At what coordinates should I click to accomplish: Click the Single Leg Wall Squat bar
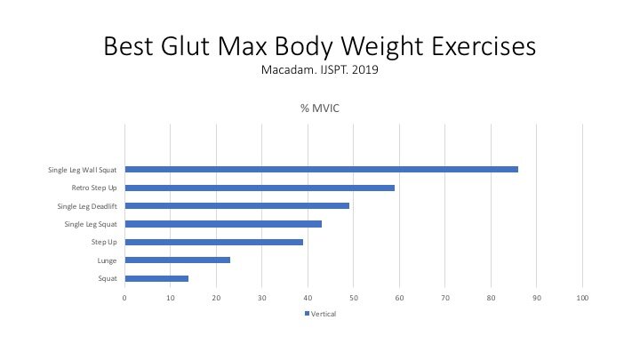tap(322, 170)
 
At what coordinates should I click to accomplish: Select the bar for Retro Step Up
tap(260, 188)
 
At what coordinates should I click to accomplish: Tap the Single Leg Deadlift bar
tap(237, 205)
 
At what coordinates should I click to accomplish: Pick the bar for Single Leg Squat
tap(223, 224)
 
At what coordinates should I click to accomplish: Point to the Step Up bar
tap(214, 242)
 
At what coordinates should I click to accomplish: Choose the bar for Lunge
tap(178, 260)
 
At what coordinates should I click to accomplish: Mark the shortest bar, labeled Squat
tap(156, 278)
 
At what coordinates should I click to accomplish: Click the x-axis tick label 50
tap(354, 298)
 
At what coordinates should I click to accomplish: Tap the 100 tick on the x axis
tap(582, 298)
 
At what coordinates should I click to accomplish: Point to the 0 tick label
tap(124, 298)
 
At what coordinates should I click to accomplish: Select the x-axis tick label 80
tap(491, 298)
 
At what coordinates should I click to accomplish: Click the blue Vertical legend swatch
tap(307, 314)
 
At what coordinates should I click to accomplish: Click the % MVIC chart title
tap(320, 108)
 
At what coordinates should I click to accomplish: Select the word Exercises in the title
tap(484, 45)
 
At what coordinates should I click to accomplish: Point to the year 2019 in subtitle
tap(365, 70)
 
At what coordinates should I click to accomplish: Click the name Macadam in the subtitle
tap(288, 70)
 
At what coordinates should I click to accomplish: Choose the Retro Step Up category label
tap(94, 188)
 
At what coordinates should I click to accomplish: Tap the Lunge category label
tap(107, 260)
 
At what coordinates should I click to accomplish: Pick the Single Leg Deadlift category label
tap(87, 206)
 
